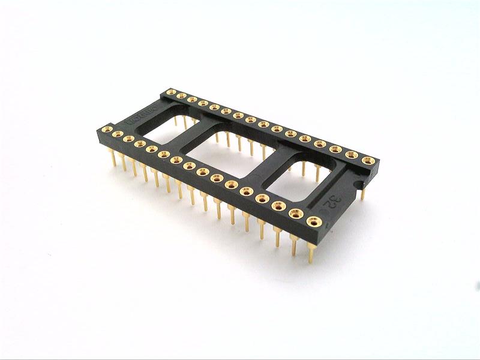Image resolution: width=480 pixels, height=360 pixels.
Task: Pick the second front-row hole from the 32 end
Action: (x=295, y=213)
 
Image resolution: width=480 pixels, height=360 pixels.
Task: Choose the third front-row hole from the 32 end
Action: (x=278, y=206)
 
